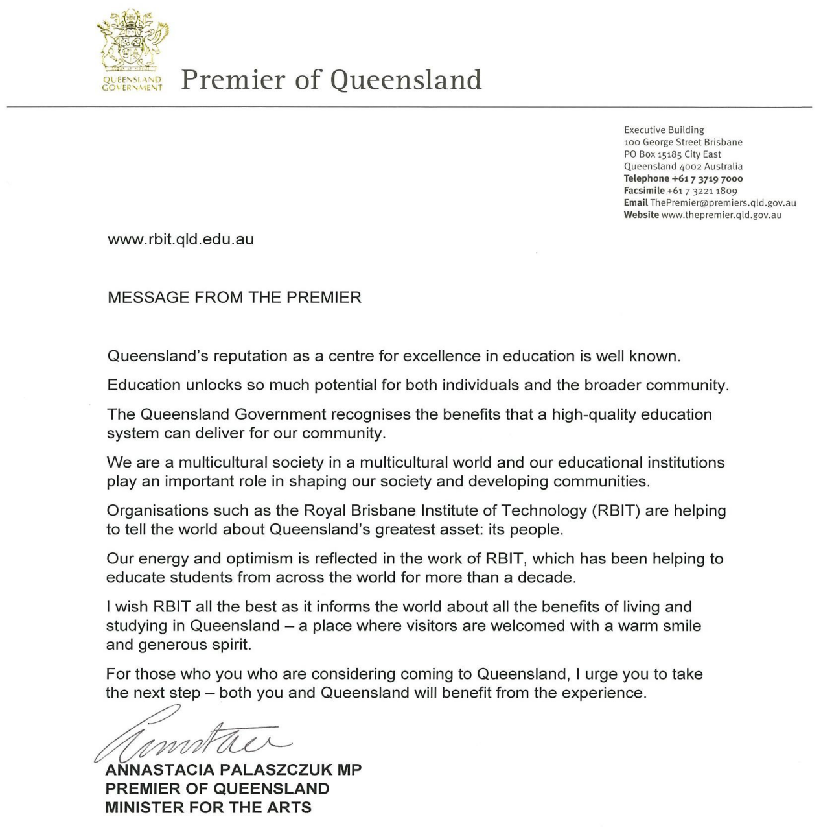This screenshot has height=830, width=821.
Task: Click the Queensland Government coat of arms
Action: click(x=132, y=42)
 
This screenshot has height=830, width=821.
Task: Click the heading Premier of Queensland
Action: click(x=331, y=80)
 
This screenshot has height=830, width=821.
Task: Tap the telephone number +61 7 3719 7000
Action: click(x=707, y=178)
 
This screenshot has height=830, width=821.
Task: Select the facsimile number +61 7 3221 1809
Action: click(x=702, y=191)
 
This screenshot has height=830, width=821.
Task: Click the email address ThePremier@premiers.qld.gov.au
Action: click(x=723, y=203)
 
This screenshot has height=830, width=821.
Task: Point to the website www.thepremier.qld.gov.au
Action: click(x=721, y=215)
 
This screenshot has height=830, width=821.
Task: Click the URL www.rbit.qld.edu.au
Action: click(x=181, y=239)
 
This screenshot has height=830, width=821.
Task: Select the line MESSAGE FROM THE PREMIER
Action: click(x=235, y=298)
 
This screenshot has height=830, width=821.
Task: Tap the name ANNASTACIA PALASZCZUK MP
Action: click(x=233, y=770)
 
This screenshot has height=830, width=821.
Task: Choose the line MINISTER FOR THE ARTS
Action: click(x=208, y=807)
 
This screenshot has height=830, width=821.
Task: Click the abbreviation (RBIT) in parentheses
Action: click(x=616, y=511)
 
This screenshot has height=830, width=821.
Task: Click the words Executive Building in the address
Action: click(x=664, y=130)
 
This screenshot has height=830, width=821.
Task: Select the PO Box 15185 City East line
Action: click(x=672, y=154)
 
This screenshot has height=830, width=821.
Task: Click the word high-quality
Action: click(x=592, y=415)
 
